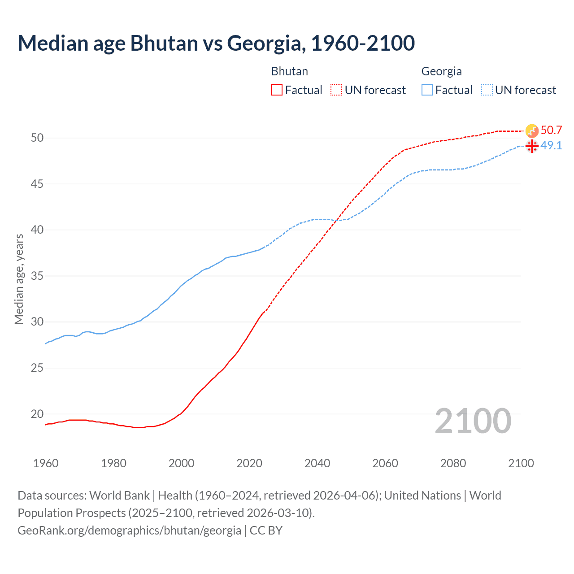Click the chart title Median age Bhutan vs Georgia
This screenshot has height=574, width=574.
pyautogui.click(x=216, y=43)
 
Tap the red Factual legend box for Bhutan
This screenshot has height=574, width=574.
pyautogui.click(x=277, y=90)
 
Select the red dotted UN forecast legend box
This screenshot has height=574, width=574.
pyautogui.click(x=336, y=90)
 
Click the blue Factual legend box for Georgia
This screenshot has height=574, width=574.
pyautogui.click(x=427, y=90)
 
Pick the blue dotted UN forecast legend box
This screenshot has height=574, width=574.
pyautogui.click(x=487, y=90)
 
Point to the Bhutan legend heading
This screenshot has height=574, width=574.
pyautogui.click(x=289, y=71)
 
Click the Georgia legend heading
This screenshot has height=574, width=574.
pyautogui.click(x=441, y=71)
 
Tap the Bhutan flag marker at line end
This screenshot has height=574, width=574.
pyautogui.click(x=532, y=131)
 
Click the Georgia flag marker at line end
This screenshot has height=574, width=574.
pyautogui.click(x=532, y=146)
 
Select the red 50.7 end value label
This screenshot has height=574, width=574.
pyautogui.click(x=551, y=130)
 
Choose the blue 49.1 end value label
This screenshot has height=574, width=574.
pyautogui.click(x=551, y=146)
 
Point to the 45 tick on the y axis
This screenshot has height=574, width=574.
pyautogui.click(x=37, y=184)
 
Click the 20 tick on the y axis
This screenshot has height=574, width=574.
pyautogui.click(x=37, y=414)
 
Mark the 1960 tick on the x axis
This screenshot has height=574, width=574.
pyautogui.click(x=46, y=463)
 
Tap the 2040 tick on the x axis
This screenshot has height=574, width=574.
pyautogui.click(x=317, y=463)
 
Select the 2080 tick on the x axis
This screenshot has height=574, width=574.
pyautogui.click(x=453, y=463)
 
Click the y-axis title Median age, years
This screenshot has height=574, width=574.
pyautogui.click(x=19, y=279)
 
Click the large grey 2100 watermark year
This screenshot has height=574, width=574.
pyautogui.click(x=473, y=421)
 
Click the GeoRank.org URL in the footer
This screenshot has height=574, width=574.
pyautogui.click(x=129, y=531)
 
